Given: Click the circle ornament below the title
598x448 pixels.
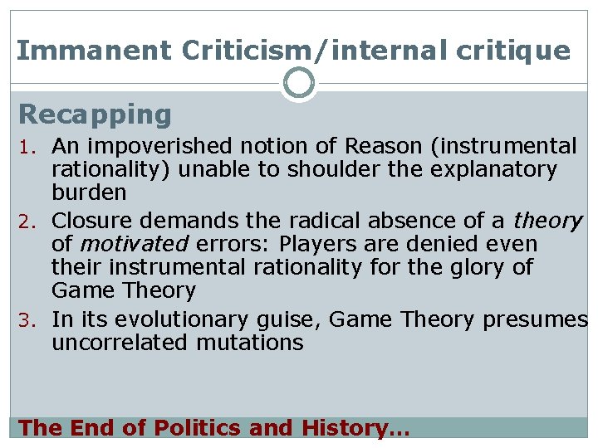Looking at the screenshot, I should pyautogui.click(x=299, y=83).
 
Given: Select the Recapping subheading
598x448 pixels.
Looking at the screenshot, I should pyautogui.click(x=95, y=114).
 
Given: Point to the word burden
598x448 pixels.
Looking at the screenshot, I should pyautogui.click(x=89, y=193).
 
